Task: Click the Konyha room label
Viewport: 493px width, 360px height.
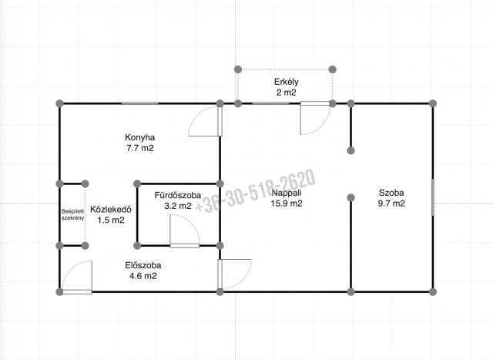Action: pyautogui.click(x=140, y=137)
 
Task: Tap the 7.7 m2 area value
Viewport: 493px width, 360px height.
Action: pyautogui.click(x=140, y=148)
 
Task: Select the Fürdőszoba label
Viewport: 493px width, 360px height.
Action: pyautogui.click(x=178, y=196)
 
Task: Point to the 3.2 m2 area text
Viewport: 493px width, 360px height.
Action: pyautogui.click(x=178, y=206)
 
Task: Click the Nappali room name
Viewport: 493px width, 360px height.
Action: pyautogui.click(x=287, y=193)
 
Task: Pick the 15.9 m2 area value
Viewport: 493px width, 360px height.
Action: pyautogui.click(x=287, y=204)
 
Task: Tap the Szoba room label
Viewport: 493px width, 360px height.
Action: pyautogui.click(x=391, y=193)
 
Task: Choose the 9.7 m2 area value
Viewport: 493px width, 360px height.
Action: pyautogui.click(x=391, y=204)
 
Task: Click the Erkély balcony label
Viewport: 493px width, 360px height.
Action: pyautogui.click(x=287, y=82)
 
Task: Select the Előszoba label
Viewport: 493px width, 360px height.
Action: pyautogui.click(x=143, y=266)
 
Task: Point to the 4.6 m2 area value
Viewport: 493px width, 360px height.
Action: pyautogui.click(x=143, y=276)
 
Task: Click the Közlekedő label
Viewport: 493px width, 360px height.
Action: pyautogui.click(x=111, y=210)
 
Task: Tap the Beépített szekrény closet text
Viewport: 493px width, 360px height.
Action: pyautogui.click(x=72, y=214)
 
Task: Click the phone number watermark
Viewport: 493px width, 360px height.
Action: pyautogui.click(x=255, y=192)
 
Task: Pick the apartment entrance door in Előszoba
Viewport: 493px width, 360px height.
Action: pyautogui.click(x=77, y=277)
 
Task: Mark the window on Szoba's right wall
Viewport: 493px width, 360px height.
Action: pyautogui.click(x=433, y=197)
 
